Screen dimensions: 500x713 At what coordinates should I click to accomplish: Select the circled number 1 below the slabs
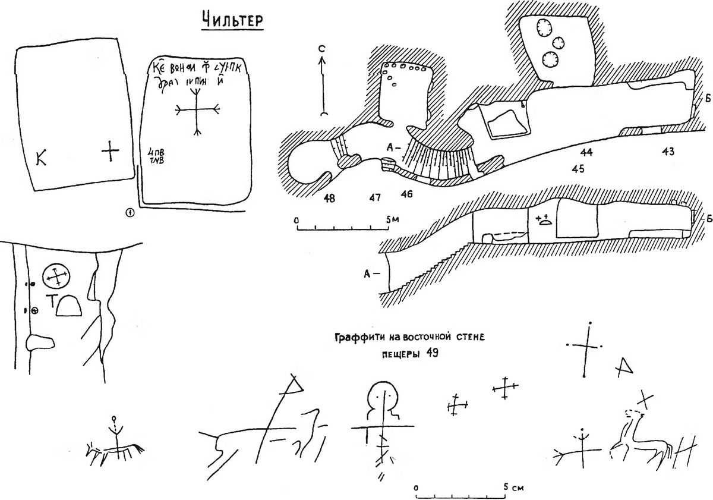click(x=131, y=212)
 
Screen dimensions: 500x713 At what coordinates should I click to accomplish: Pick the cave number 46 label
click(x=406, y=193)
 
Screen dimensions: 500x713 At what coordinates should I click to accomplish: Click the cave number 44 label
click(x=586, y=152)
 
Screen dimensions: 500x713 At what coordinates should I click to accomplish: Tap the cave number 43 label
click(x=667, y=152)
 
